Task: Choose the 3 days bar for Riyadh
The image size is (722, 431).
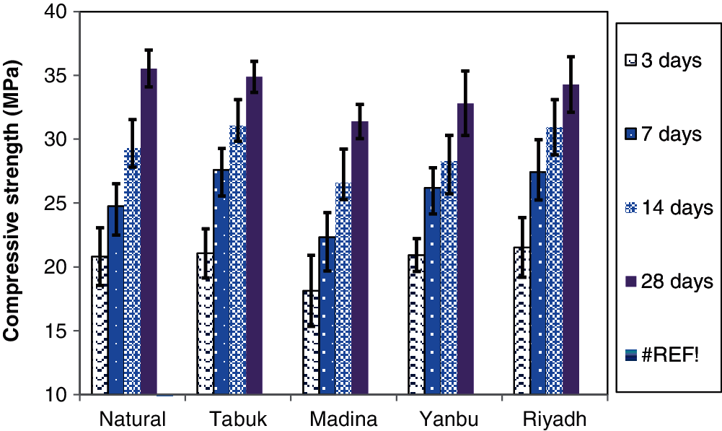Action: (x=522, y=321)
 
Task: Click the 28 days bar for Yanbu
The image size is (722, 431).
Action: (x=465, y=249)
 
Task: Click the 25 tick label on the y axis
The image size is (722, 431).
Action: (x=61, y=204)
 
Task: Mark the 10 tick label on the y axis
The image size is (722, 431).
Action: (x=61, y=395)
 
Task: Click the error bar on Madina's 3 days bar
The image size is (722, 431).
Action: (x=311, y=290)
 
